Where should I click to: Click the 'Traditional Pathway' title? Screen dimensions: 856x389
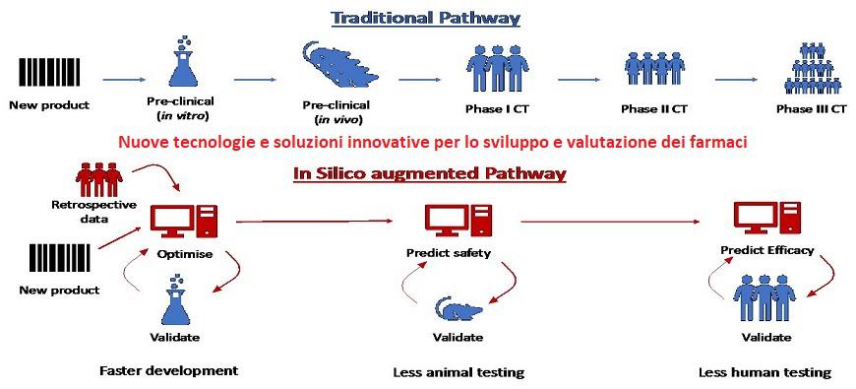pyautogui.click(x=425, y=18)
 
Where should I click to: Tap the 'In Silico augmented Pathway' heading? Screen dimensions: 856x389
pyautogui.click(x=429, y=173)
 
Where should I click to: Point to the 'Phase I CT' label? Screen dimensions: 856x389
pyautogui.click(x=497, y=108)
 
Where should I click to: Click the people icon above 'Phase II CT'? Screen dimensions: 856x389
pyautogui.click(x=654, y=71)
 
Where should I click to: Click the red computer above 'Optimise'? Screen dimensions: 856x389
pyautogui.click(x=183, y=222)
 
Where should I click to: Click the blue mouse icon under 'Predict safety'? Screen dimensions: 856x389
pyautogui.click(x=459, y=310)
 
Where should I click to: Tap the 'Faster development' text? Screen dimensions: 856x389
pyautogui.click(x=168, y=371)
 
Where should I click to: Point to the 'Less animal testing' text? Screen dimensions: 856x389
pyautogui.click(x=459, y=372)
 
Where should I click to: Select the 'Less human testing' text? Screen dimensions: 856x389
pyautogui.click(x=764, y=372)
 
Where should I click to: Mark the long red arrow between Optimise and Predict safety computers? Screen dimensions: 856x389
pyautogui.click(x=315, y=222)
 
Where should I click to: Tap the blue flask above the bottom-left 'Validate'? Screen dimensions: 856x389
pyautogui.click(x=176, y=301)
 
